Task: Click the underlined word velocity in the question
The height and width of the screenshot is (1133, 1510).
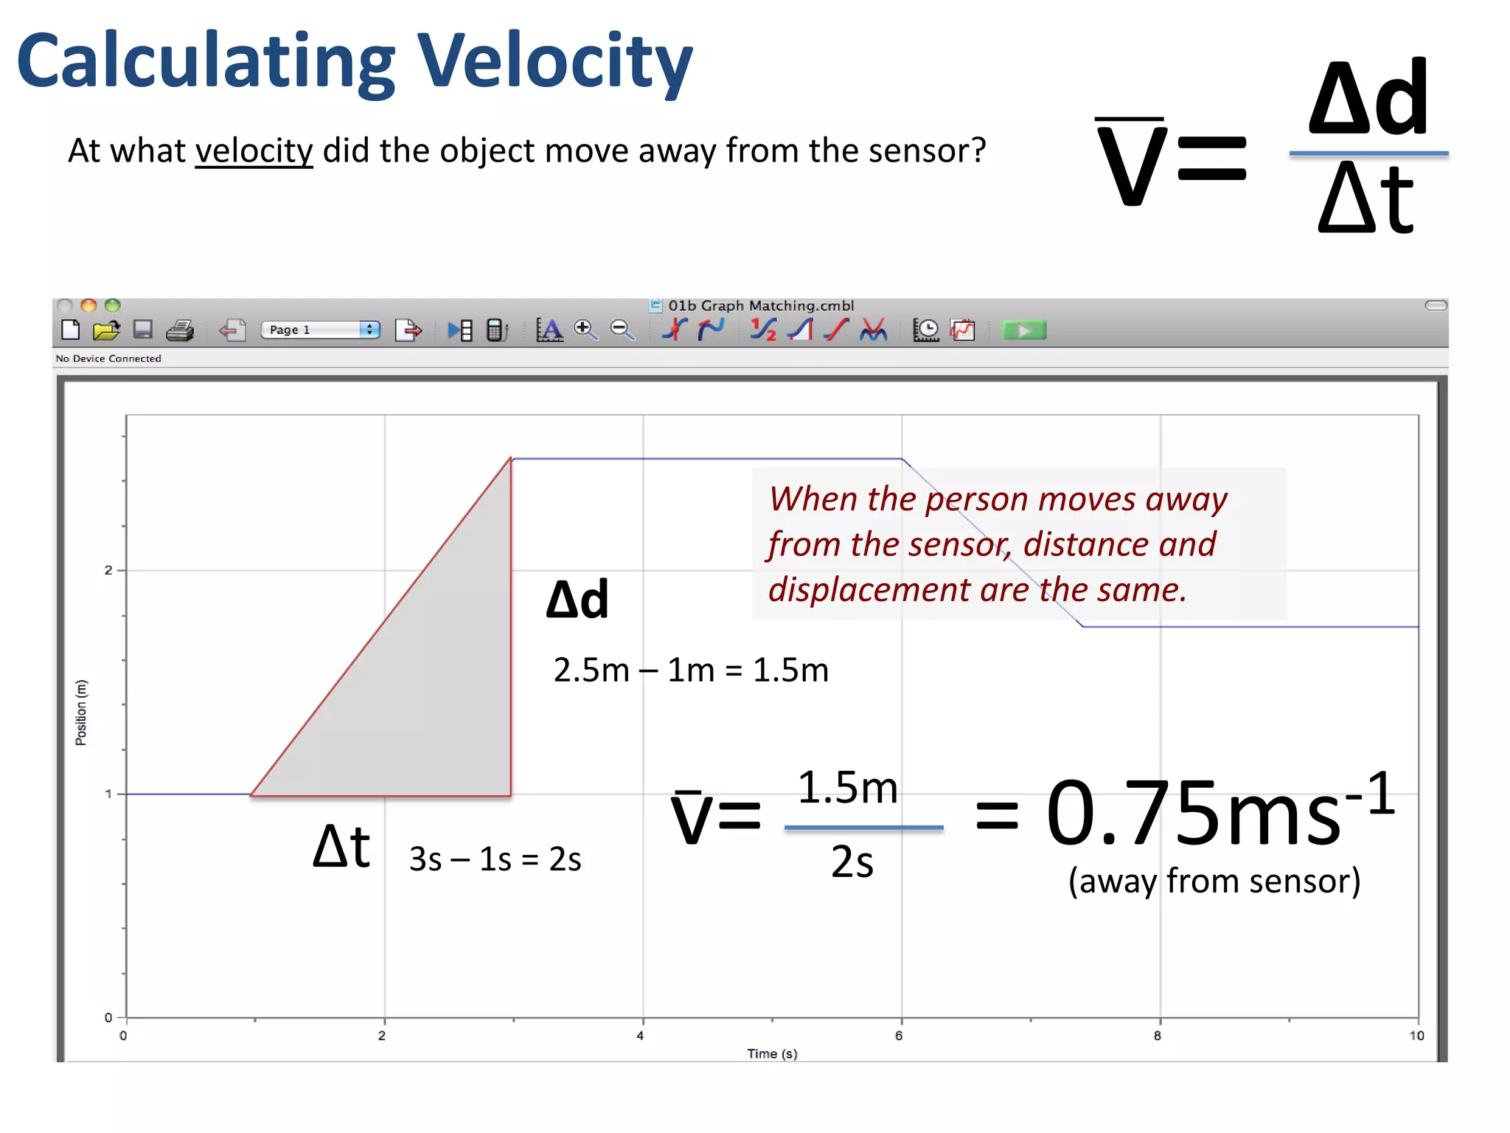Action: point(254,151)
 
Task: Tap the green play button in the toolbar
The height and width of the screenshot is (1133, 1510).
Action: point(1023,330)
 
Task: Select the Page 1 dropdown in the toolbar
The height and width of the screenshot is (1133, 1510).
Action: point(321,330)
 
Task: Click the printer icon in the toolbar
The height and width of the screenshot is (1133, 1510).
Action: point(180,330)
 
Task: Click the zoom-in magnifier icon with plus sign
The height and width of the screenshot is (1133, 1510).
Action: point(585,330)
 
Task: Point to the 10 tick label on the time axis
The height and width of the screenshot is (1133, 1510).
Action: point(1416,1036)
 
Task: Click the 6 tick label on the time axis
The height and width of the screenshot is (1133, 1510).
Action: point(899,1036)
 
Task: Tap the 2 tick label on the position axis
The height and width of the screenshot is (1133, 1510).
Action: point(108,570)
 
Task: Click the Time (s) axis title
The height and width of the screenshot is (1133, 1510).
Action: point(772,1053)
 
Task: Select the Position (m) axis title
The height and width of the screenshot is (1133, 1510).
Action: point(81,713)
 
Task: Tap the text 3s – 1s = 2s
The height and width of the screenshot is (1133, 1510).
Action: point(495,859)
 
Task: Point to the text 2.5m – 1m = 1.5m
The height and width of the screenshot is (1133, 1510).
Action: point(691,671)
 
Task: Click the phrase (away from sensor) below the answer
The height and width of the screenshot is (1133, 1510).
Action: point(1214,881)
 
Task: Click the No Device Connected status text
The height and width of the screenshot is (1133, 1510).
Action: point(108,358)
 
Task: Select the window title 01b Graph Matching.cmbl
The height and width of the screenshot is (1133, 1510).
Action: point(761,305)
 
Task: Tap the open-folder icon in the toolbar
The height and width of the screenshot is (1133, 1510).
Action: point(106,330)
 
